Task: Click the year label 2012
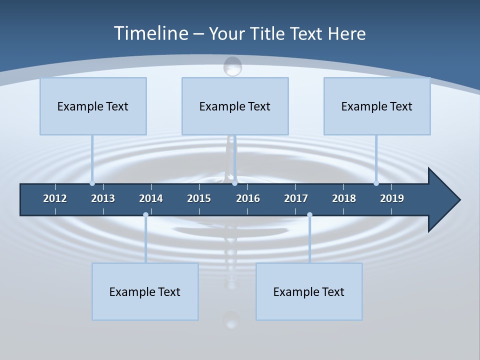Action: click(x=55, y=198)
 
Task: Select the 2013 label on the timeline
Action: click(x=103, y=198)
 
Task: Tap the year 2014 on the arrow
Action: click(x=151, y=198)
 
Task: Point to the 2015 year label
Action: click(x=199, y=198)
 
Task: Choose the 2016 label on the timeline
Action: click(x=248, y=198)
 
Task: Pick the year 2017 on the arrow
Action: click(x=296, y=198)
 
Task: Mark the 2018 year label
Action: click(x=344, y=198)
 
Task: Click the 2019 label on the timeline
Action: click(x=392, y=198)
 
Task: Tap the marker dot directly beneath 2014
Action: click(x=145, y=214)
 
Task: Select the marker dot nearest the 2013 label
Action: click(x=92, y=183)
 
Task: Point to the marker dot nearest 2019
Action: click(x=376, y=183)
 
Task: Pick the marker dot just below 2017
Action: click(x=309, y=214)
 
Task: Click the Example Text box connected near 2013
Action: click(x=93, y=106)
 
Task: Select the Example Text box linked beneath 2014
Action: click(x=145, y=291)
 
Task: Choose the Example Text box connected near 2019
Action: click(x=377, y=106)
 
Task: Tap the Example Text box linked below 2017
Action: click(x=309, y=291)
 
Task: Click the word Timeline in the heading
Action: click(x=150, y=33)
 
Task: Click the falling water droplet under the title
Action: click(x=232, y=66)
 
